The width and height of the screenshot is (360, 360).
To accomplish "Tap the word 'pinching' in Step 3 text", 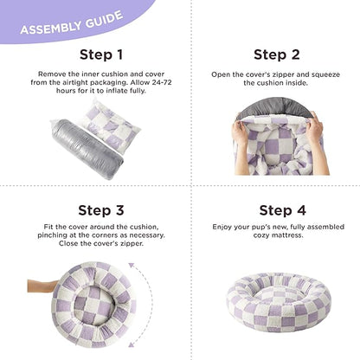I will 55,235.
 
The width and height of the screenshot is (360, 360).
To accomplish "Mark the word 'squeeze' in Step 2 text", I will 308,74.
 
